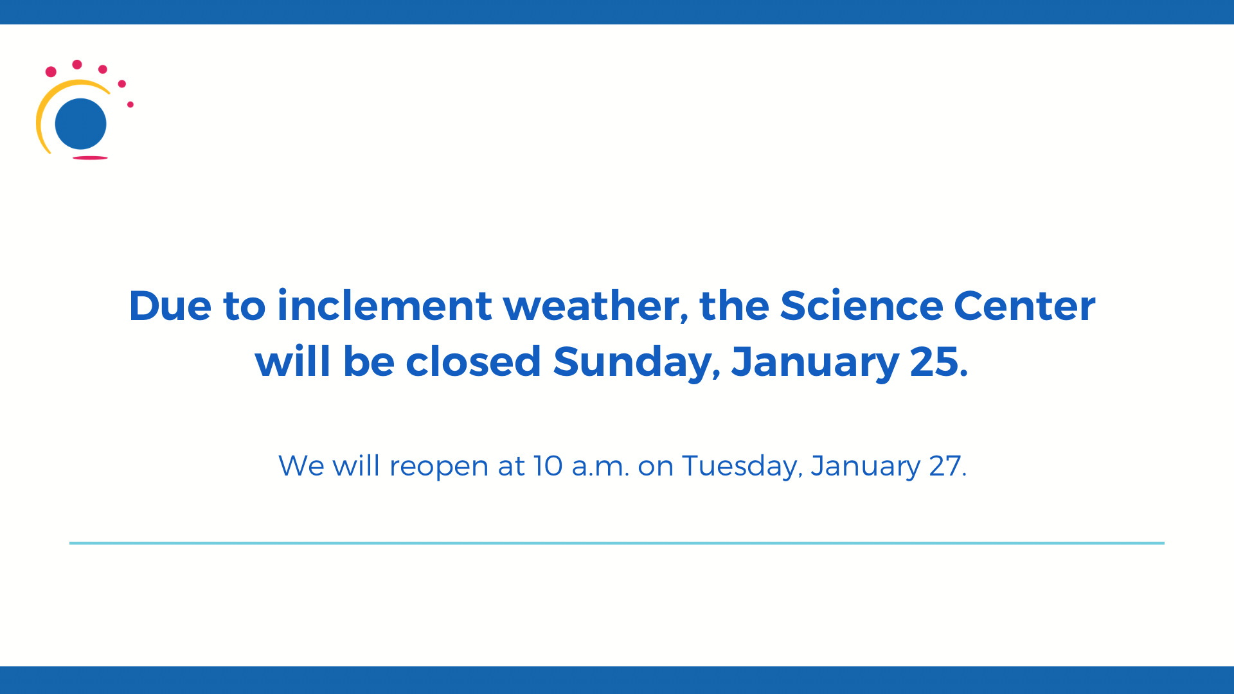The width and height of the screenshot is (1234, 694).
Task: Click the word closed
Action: click(473, 362)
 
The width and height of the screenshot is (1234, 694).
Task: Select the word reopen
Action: click(439, 467)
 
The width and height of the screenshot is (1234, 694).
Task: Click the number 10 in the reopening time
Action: click(548, 466)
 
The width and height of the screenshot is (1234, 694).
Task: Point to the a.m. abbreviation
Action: click(600, 467)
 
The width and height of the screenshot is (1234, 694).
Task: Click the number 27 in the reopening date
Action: click(946, 466)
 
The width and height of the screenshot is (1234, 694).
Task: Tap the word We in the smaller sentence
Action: click(301, 466)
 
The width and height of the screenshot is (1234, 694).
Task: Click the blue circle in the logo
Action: click(80, 123)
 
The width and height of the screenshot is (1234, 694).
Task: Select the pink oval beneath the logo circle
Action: click(90, 157)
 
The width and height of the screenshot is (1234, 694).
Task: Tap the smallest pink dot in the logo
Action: click(130, 104)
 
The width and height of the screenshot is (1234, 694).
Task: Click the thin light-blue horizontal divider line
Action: click(617, 543)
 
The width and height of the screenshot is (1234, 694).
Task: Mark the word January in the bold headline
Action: click(814, 362)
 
